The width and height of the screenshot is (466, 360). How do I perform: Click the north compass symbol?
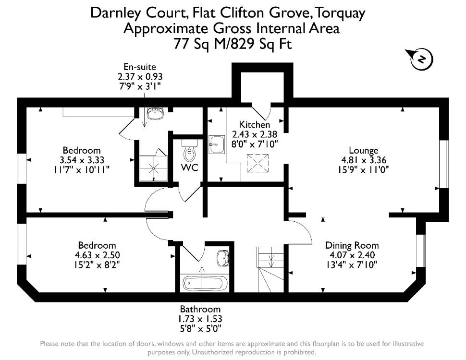pos(421,59)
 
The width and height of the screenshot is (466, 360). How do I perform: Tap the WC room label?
pos(190,168)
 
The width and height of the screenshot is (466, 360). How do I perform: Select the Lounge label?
pos(364,150)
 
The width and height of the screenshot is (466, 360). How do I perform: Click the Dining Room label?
pos(352,245)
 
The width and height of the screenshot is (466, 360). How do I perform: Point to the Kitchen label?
pos(255,124)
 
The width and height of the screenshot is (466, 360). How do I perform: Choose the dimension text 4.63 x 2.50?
pos(98,255)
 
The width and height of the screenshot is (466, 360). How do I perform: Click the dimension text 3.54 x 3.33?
pos(82,160)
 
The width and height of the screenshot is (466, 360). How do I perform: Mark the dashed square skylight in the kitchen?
pos(258,163)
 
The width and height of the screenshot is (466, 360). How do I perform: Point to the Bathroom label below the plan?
pos(200,309)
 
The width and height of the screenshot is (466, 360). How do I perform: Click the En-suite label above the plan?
pos(140,67)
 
